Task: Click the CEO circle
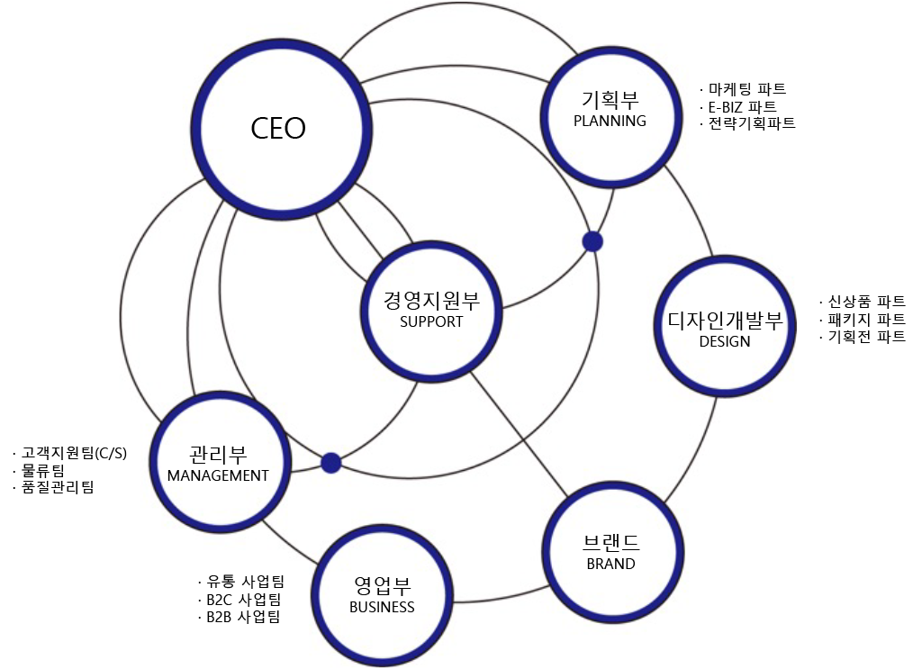coord(277,128)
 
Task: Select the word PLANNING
coord(610,121)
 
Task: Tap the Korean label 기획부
coord(610,99)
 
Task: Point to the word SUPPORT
coord(431,321)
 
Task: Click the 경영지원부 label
coord(431,300)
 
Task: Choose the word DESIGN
coord(724,341)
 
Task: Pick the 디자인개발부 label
coord(725,321)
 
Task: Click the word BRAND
coord(610,564)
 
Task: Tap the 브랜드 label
coord(610,542)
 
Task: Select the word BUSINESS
coord(382,607)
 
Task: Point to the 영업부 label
coord(383,585)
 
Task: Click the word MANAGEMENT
coord(218,475)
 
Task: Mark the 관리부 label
coord(219,453)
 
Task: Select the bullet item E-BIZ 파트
coord(741,106)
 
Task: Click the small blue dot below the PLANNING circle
coord(592,241)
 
